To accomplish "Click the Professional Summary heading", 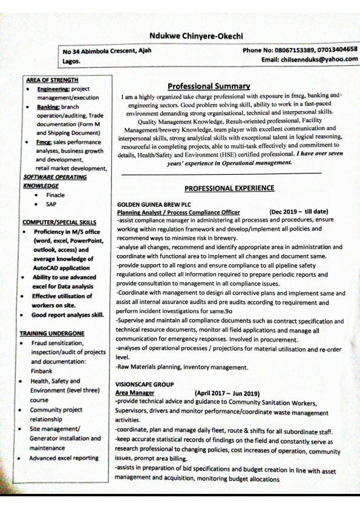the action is (x=209, y=86).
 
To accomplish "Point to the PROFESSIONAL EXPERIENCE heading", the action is (x=229, y=188).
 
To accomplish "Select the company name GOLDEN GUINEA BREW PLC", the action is (x=149, y=204).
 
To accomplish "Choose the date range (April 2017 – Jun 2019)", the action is (x=227, y=393).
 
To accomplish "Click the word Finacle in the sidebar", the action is (x=55, y=195).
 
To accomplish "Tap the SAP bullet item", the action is (x=51, y=204).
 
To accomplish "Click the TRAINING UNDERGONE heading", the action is (x=52, y=333).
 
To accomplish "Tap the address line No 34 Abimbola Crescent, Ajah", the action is (x=107, y=51).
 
